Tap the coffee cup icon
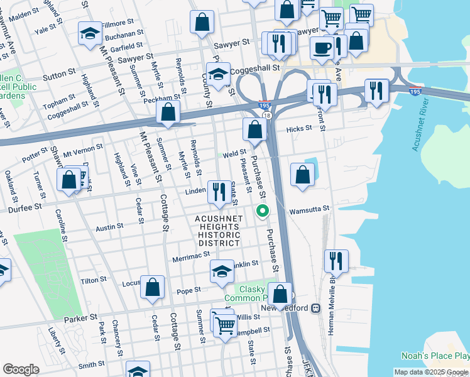coord(322,47)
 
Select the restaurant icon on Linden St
coord(218,192)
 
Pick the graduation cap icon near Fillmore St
coord(90,33)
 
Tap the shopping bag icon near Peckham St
coord(168,112)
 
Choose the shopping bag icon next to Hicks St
coord(254,131)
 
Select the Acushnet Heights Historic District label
coord(219,230)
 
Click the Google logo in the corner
coord(21,369)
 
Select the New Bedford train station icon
coord(315,309)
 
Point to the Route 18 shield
coord(266,115)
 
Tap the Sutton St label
coord(59,75)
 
